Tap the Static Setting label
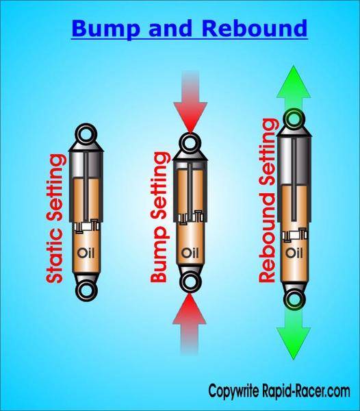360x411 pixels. click(x=55, y=219)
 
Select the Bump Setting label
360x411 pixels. click(x=159, y=217)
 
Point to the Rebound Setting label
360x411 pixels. click(x=268, y=201)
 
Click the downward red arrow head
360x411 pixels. click(x=190, y=117)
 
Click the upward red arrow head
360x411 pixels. click(x=190, y=310)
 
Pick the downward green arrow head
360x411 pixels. click(x=294, y=343)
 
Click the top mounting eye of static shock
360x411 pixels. click(x=86, y=134)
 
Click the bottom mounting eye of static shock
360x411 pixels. click(x=86, y=290)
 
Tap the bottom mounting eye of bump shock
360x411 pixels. click(x=190, y=282)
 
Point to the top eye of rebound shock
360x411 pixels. click(x=295, y=119)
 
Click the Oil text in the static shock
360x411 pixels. click(x=86, y=253)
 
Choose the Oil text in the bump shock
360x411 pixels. click(x=190, y=253)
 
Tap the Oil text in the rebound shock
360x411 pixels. click(x=294, y=253)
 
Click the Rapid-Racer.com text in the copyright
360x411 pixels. click(x=306, y=392)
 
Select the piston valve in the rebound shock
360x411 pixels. click(x=294, y=234)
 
